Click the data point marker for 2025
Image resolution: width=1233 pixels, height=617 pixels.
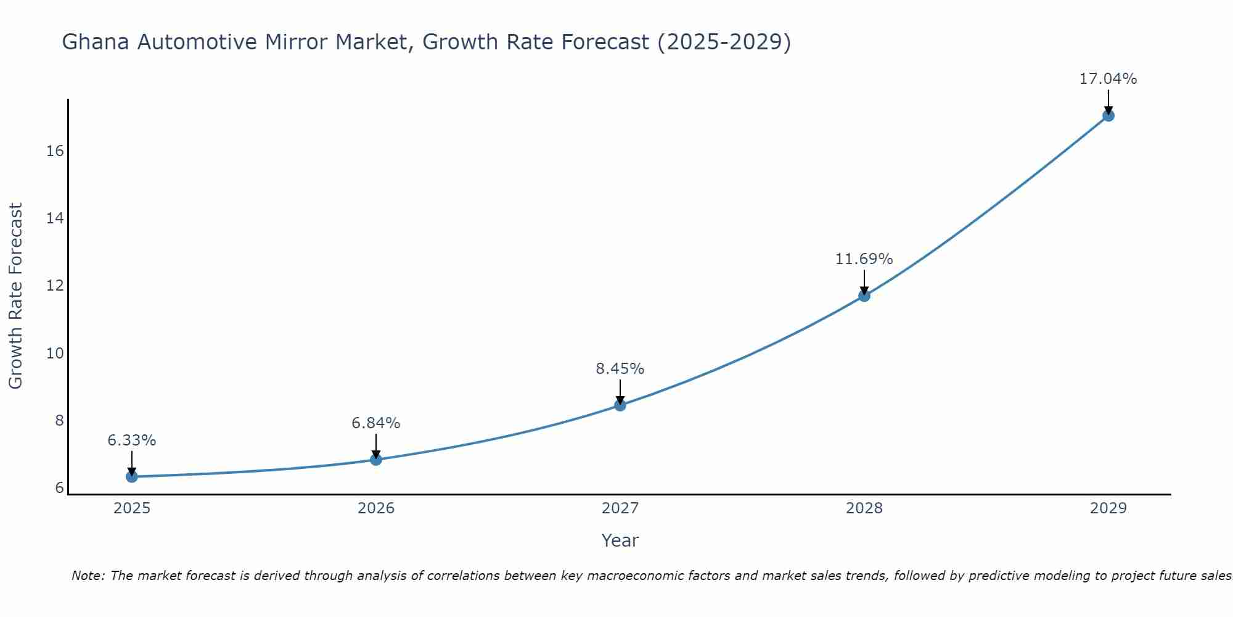click(x=131, y=476)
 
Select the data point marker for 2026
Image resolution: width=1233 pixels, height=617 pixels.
click(x=375, y=459)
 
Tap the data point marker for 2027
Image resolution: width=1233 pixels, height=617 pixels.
click(x=620, y=405)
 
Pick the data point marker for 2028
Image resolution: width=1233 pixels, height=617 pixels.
click(x=864, y=296)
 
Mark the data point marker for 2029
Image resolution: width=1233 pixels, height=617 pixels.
click(x=1108, y=115)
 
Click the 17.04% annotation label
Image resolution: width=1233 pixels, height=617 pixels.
click(x=1108, y=79)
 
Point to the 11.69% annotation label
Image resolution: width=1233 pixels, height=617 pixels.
click(x=864, y=259)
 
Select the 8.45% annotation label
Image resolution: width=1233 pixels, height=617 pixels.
click(x=620, y=369)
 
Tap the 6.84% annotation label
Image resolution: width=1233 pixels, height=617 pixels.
click(x=375, y=423)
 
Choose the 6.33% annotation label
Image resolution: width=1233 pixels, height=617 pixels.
click(x=131, y=441)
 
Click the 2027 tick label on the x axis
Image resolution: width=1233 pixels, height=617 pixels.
click(x=620, y=508)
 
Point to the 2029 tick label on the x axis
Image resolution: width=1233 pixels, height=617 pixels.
click(x=1108, y=508)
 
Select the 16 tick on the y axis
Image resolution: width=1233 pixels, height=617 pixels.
click(x=55, y=151)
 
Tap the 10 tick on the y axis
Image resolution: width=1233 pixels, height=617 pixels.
click(x=55, y=354)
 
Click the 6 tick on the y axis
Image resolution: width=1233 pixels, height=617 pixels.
click(x=59, y=488)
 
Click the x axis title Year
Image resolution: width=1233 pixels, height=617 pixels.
click(x=620, y=540)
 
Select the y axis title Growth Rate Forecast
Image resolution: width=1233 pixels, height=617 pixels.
click(x=15, y=296)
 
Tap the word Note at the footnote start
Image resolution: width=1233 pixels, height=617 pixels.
click(x=89, y=576)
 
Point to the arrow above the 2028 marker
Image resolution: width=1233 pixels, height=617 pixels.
click(x=864, y=281)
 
